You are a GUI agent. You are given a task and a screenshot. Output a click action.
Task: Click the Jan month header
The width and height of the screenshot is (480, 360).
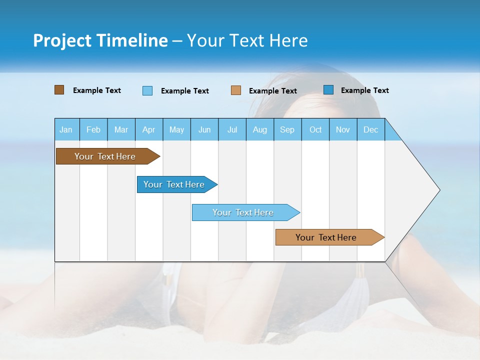point(66,129)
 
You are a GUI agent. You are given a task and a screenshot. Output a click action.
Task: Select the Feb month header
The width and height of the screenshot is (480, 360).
point(93,129)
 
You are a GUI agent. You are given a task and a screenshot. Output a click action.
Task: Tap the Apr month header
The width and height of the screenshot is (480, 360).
point(149,129)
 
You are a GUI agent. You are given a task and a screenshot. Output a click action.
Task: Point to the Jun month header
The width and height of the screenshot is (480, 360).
point(204,129)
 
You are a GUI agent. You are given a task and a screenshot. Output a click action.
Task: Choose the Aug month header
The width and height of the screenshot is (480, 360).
point(260,129)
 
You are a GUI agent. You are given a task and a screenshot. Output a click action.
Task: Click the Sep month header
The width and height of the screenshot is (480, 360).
point(287,129)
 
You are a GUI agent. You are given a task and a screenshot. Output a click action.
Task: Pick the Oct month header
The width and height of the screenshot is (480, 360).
point(315,129)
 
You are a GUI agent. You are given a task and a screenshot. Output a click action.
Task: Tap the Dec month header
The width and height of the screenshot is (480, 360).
point(371,129)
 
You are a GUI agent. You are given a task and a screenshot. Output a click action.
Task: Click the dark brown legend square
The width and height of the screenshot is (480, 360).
point(59,90)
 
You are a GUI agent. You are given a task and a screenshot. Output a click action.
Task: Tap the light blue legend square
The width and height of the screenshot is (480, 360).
point(147,90)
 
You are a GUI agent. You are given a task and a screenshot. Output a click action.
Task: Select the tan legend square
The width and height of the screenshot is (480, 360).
point(236,90)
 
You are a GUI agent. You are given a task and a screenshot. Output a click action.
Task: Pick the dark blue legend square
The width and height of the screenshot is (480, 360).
point(328,90)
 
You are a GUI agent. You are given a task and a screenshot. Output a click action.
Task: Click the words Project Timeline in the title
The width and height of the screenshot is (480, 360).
point(100,40)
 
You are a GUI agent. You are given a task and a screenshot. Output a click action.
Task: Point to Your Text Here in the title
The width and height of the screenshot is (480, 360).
point(247,40)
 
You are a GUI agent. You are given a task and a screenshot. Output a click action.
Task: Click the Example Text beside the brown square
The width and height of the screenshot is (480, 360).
point(97,90)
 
